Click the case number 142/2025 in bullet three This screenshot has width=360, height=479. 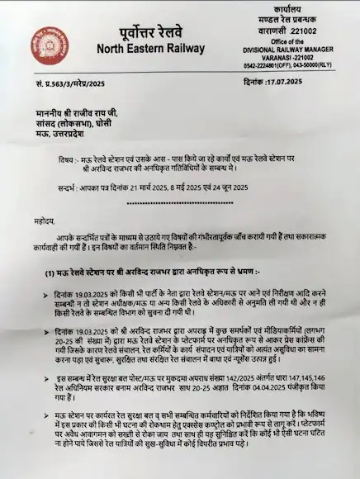pyautogui.click(x=216, y=376)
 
